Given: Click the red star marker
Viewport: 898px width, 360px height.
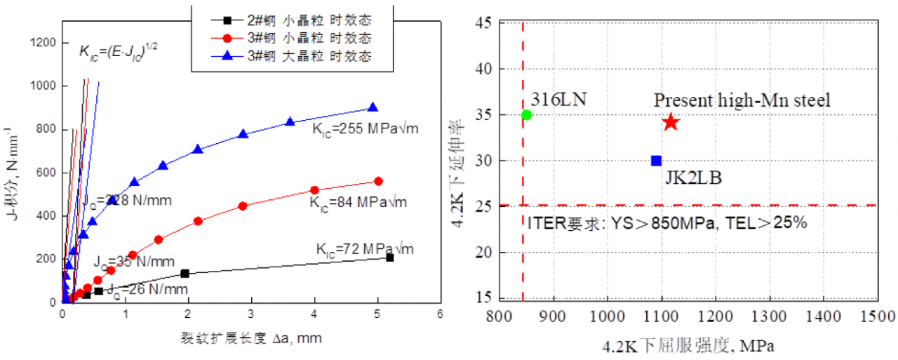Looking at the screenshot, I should (x=671, y=122).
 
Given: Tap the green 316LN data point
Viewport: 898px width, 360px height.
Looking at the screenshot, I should (x=527, y=114).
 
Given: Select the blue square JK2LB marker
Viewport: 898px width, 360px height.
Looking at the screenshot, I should (x=656, y=161).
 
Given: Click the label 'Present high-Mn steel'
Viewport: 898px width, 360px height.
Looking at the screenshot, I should (x=742, y=100).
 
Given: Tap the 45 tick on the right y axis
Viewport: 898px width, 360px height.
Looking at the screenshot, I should (x=483, y=23).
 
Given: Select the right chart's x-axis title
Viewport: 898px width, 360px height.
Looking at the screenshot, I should (x=688, y=345).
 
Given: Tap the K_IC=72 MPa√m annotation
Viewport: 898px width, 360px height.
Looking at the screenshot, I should (x=365, y=248).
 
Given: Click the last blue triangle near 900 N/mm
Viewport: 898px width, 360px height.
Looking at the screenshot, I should (x=373, y=107).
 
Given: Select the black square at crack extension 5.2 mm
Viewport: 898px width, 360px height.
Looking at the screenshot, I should (x=389, y=258).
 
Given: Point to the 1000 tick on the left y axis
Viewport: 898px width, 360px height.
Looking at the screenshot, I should (x=41, y=86).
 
